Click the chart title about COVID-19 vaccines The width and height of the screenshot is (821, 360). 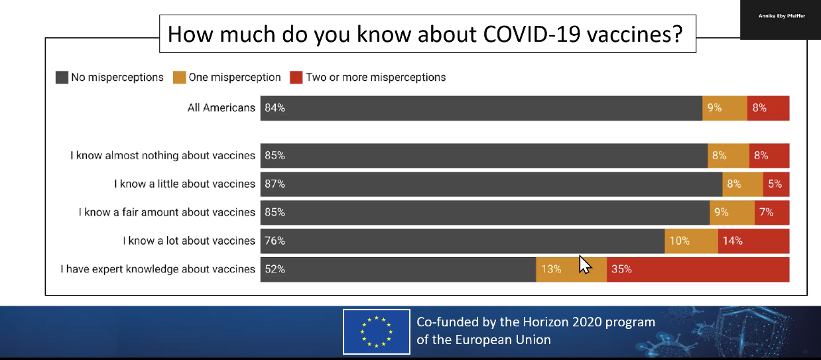click(x=425, y=34)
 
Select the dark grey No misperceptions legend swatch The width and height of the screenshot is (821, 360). click(x=62, y=78)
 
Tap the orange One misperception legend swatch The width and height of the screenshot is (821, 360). click(x=179, y=78)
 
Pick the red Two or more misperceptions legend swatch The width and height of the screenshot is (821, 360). click(x=296, y=78)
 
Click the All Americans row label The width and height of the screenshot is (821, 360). click(x=221, y=107)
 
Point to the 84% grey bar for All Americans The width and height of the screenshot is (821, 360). click(x=481, y=108)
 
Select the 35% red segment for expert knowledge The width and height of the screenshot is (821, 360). click(x=698, y=269)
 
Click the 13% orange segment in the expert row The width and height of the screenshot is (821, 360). click(x=570, y=269)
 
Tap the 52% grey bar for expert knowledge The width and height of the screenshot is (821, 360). click(x=398, y=269)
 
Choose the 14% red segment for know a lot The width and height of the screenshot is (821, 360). click(x=753, y=241)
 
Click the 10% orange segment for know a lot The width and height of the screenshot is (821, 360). click(x=691, y=241)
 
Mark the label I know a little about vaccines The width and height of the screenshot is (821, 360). click(x=184, y=184)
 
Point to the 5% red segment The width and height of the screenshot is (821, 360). click(x=776, y=184)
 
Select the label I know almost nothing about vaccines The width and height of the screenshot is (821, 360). click(x=162, y=155)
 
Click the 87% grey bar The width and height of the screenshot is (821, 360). click(x=491, y=184)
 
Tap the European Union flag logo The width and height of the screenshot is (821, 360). click(x=376, y=331)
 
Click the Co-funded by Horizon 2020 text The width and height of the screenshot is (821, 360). click(x=535, y=330)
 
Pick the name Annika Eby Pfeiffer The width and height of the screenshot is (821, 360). click(x=781, y=16)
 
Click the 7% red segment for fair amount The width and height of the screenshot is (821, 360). click(x=772, y=212)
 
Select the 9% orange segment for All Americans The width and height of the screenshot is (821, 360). click(x=724, y=108)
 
